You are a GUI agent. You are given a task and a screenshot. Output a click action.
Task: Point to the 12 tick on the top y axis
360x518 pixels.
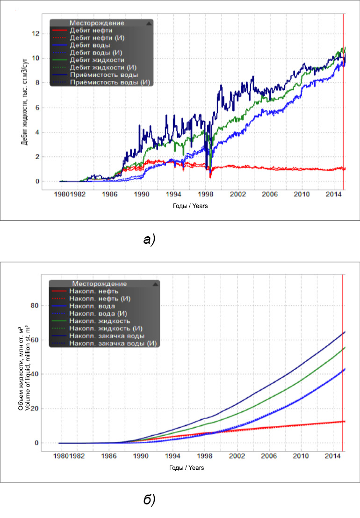click(x=34, y=34)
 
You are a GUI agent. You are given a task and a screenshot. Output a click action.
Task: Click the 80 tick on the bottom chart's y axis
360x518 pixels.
click(x=33, y=306)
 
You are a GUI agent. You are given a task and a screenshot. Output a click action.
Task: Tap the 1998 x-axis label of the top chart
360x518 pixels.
click(x=206, y=193)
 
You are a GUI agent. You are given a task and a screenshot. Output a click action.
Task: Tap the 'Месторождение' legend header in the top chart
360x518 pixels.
click(x=96, y=22)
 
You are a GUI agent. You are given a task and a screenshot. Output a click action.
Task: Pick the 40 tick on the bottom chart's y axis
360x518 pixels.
click(x=33, y=374)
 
